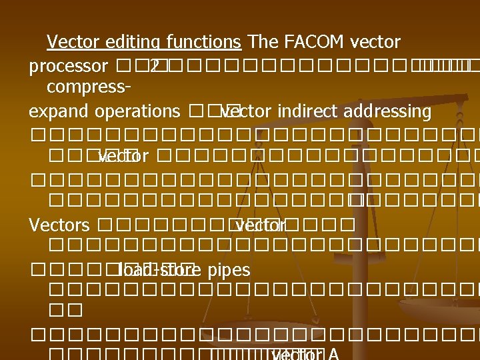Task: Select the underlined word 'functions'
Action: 200,43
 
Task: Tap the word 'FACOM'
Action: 313,43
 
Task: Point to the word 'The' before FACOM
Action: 263,43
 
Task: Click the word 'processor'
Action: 69,67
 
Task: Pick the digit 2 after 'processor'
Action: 154,67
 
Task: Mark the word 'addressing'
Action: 389,111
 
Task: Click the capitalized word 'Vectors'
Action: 59,225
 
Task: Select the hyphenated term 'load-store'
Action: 156,270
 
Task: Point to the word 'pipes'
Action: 229,270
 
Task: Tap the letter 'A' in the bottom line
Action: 333,354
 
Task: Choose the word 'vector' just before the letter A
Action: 297,354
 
